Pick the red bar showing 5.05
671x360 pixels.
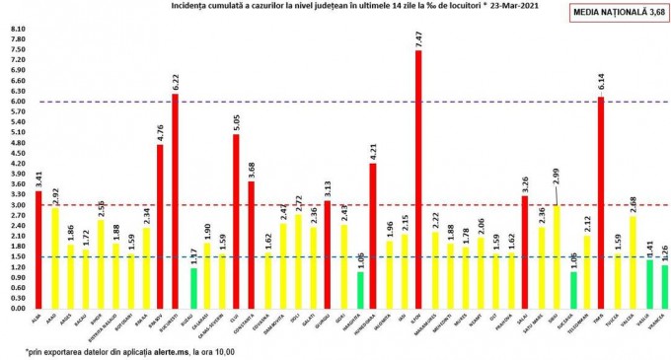(236, 221)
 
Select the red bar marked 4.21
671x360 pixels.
(372, 236)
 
